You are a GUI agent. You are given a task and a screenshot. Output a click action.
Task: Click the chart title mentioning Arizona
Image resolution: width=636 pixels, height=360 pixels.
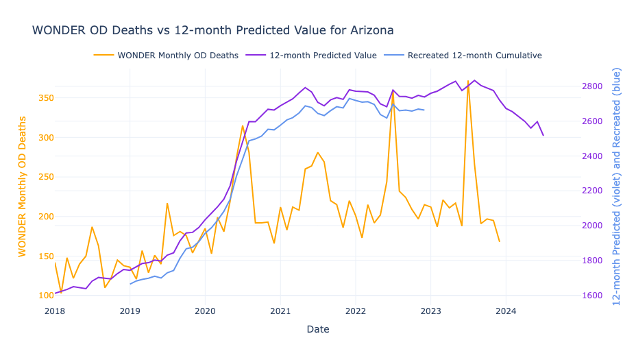tap(213, 30)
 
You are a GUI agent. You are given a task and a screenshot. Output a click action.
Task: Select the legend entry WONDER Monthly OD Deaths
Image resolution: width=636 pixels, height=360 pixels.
tap(166, 55)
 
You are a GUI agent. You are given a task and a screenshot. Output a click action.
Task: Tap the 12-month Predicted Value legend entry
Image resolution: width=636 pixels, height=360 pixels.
tap(311, 55)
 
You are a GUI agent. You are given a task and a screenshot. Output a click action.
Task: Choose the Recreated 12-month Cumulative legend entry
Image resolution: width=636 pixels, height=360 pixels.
tap(463, 55)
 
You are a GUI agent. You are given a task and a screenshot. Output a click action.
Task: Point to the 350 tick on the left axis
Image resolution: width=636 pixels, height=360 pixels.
tap(46, 98)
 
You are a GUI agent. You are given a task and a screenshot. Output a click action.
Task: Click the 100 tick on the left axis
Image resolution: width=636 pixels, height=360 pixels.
tap(46, 296)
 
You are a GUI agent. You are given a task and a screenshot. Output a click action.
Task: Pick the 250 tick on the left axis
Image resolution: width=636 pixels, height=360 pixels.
tap(46, 177)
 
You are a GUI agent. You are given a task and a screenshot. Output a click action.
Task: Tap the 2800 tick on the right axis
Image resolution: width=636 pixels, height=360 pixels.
tap(593, 86)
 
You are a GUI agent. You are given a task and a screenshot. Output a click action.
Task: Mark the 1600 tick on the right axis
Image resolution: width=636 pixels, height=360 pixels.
tap(593, 296)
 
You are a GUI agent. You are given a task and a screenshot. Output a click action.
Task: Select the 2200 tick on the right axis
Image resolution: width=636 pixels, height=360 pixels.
tap(593, 191)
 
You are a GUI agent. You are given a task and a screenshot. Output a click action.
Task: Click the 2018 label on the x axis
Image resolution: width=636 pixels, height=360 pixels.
tap(55, 311)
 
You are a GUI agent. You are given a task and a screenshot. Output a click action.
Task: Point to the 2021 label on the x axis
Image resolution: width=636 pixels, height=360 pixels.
tap(280, 311)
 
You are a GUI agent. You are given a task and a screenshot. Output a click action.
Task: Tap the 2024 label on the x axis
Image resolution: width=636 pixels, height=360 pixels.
tap(506, 311)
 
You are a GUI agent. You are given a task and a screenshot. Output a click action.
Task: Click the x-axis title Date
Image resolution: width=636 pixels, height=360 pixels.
tap(318, 329)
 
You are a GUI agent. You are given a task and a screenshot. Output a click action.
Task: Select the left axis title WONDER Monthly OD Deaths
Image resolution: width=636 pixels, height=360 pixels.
tap(22, 187)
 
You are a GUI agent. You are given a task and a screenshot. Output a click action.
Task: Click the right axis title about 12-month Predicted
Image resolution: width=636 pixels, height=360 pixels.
tap(616, 187)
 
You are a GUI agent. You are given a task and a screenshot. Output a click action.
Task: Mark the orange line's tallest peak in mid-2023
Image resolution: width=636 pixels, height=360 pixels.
tap(468, 81)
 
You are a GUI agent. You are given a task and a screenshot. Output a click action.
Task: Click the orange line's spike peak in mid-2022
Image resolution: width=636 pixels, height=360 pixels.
tap(393, 92)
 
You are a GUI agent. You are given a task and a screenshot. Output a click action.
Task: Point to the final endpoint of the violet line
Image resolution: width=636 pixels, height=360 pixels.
tap(543, 135)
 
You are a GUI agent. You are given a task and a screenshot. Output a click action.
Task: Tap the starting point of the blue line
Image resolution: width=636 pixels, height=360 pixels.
tap(130, 284)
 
